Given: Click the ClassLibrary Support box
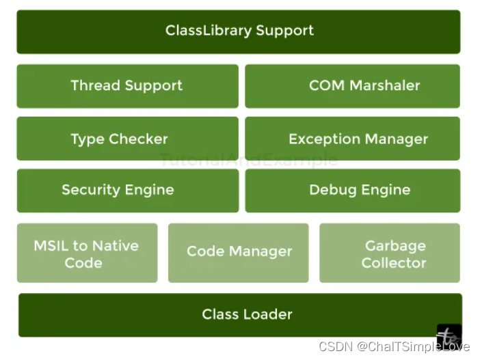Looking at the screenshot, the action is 239,32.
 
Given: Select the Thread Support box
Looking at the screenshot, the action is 128,86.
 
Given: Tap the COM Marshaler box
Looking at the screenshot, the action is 352,86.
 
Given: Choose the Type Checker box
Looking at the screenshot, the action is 128,139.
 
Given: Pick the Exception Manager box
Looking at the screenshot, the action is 352,139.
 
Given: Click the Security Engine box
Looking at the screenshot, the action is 128,191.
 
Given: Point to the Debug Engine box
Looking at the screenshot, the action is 353,191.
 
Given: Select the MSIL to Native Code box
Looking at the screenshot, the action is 88,253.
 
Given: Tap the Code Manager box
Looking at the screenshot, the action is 239,253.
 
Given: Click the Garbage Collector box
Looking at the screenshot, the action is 390,253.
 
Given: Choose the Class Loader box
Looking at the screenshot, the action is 240,315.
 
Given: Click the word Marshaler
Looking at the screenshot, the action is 384,85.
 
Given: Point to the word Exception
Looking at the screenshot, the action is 325,139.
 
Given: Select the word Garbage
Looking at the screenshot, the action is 395,246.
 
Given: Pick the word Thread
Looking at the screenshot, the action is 96,85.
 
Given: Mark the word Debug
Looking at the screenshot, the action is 333,190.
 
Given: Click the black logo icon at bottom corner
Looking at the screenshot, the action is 449,337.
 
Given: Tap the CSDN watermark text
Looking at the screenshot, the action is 395,346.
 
